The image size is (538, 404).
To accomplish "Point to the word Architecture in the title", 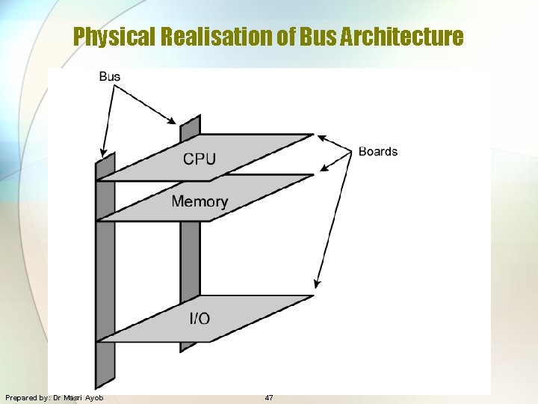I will tap(401, 37).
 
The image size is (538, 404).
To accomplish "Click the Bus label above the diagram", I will tap(110, 76).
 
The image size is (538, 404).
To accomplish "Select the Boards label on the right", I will tap(378, 151).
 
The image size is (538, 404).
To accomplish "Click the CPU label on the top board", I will tap(200, 159).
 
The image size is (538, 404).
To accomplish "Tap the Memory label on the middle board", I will tap(200, 201).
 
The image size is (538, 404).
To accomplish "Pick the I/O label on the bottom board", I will tap(200, 319).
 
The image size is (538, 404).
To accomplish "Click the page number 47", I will tap(269, 397).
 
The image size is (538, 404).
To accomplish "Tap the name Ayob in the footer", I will tap(95, 397).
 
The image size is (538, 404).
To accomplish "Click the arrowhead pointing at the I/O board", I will tap(317, 285).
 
